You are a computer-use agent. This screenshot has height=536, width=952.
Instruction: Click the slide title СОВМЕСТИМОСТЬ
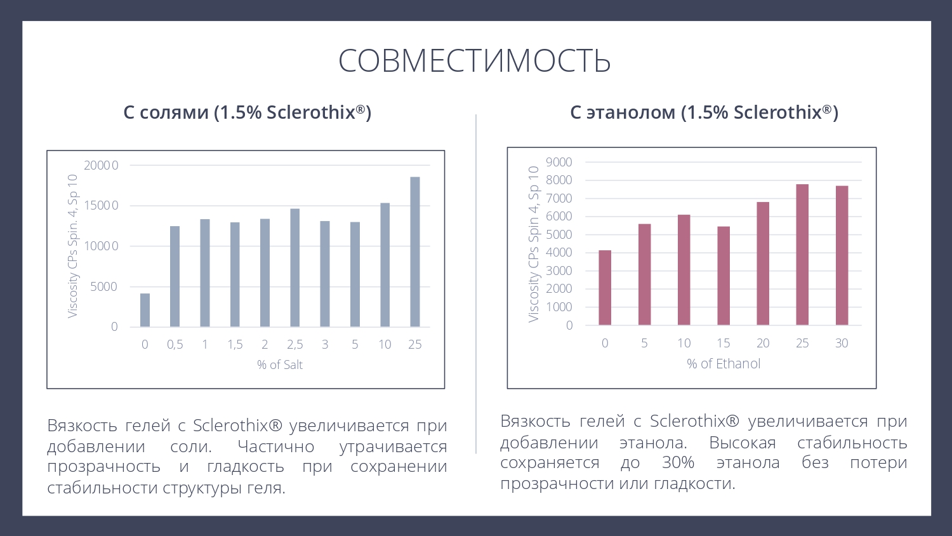pos(475,61)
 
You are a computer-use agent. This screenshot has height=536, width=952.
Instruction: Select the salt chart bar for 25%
pos(415,252)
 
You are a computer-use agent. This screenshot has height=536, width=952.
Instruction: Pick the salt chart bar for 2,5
pos(295,267)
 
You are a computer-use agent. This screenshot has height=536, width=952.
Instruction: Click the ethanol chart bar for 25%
pos(802,255)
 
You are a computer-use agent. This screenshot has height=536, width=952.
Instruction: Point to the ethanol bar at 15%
pos(724,276)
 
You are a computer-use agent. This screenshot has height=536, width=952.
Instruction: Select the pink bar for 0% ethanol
pos(605,288)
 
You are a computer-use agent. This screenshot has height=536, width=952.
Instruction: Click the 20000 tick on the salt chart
pos(102,165)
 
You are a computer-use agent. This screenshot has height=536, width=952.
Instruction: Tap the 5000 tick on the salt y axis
pos(104,286)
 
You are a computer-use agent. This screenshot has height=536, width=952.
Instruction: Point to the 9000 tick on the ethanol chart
pos(559,162)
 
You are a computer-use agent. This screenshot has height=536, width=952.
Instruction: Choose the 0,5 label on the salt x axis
pos(175,344)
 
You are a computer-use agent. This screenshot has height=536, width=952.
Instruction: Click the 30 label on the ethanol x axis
pos(842,343)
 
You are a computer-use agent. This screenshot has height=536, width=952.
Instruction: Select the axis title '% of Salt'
pos(280,365)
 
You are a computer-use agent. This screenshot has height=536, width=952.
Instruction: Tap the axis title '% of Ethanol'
pos(724,363)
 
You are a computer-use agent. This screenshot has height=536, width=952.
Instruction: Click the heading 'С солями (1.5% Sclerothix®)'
pos(248,112)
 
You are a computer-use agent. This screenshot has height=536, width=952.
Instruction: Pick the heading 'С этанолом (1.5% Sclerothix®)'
pos(704,112)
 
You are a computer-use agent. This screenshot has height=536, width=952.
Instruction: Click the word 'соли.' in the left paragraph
pos(191,446)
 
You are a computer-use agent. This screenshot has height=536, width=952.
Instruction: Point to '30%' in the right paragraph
pos(678,462)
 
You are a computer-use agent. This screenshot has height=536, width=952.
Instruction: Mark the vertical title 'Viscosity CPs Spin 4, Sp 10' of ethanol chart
pos(534,244)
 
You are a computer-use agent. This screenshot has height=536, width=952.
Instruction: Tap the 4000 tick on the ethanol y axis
pos(559,252)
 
